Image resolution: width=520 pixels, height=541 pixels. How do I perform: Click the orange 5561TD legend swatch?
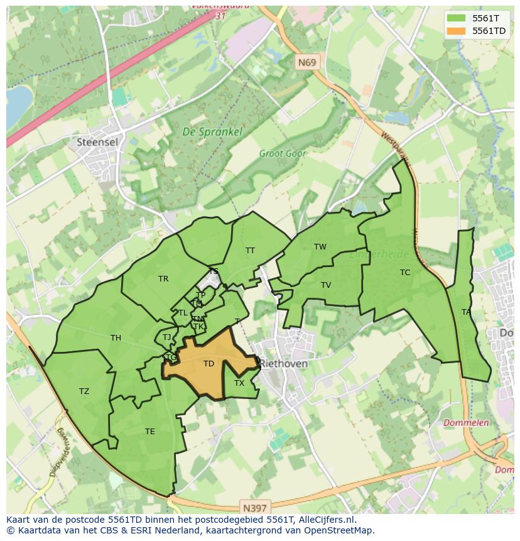(x=458, y=31)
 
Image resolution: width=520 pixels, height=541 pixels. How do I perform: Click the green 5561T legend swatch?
(x=458, y=18)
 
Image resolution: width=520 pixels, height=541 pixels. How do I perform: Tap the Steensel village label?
(x=97, y=142)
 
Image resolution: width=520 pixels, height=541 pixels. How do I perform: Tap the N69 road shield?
(x=307, y=62)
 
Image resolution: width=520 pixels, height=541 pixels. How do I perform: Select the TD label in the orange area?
(x=209, y=364)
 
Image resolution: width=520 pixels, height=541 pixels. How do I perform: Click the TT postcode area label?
(x=250, y=251)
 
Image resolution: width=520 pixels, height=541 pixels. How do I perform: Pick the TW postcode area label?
(x=320, y=247)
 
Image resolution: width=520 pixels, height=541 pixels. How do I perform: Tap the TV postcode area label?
(x=325, y=285)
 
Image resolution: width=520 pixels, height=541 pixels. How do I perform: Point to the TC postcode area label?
(x=405, y=273)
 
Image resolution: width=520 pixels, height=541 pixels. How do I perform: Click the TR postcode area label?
(x=163, y=279)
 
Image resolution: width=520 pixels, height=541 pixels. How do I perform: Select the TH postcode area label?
(x=116, y=338)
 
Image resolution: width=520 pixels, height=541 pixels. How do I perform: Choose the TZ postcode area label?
(x=84, y=391)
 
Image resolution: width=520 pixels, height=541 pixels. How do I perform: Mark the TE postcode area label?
(x=149, y=432)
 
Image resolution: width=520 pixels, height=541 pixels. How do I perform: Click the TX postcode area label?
(x=239, y=383)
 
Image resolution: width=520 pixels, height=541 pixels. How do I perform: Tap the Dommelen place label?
(x=466, y=423)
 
